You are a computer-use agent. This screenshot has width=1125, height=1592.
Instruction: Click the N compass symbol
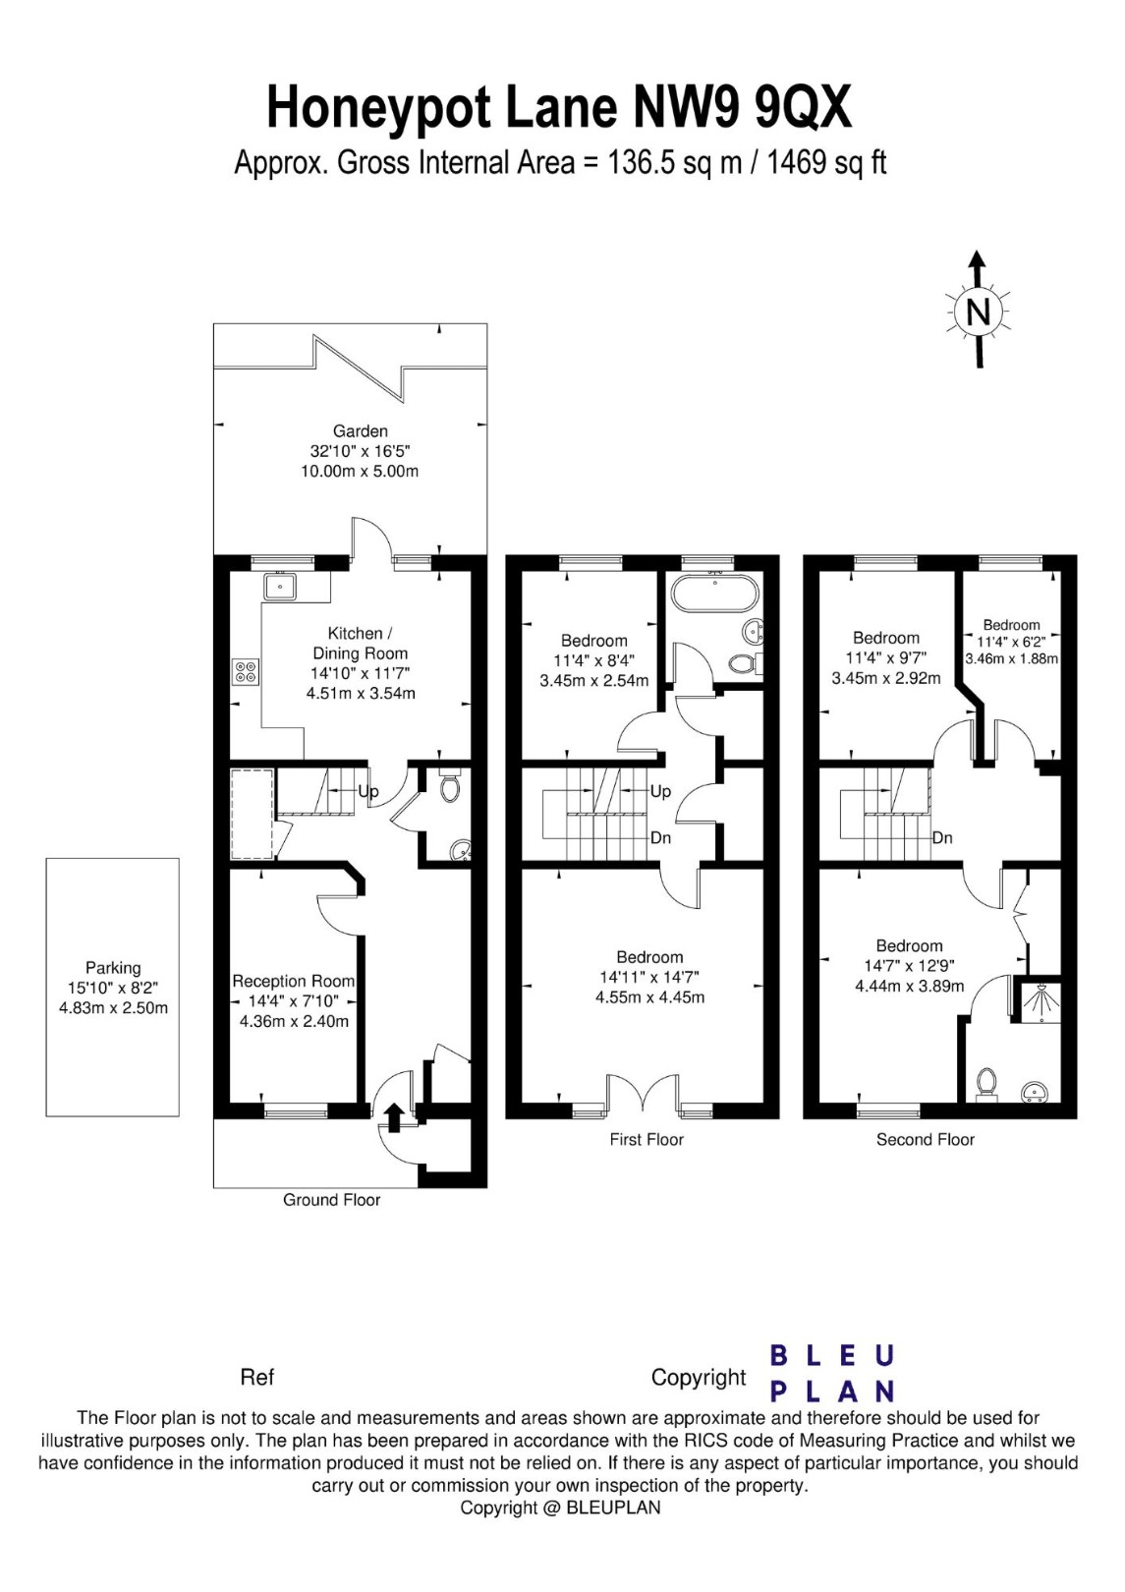pos(978,313)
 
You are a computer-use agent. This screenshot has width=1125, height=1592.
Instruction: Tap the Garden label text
pos(360,430)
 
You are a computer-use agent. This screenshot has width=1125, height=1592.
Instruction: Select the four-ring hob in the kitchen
pos(246,671)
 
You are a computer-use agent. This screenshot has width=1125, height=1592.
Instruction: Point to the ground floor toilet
pos(450,787)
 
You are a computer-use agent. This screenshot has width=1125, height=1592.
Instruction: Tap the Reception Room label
pos(293,981)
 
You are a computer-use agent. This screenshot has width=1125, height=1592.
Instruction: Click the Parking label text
pos(113,968)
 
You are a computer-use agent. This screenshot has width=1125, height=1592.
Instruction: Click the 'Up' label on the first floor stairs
pos(660,791)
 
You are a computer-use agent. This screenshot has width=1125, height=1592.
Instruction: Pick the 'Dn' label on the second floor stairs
pos(942,838)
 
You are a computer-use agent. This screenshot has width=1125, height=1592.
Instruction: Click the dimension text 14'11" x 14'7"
pos(649,977)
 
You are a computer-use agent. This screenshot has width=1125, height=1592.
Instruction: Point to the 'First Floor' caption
pos(646,1140)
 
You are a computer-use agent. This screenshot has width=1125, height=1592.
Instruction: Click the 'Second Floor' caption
pos(925,1140)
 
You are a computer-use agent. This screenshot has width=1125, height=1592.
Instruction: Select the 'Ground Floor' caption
pos(331,1200)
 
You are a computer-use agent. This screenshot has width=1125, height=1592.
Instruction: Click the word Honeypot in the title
pos(382,107)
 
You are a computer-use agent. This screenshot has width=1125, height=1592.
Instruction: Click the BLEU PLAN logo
pos(831,1373)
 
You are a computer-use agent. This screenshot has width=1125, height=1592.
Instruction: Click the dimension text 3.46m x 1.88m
pos(1011,658)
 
